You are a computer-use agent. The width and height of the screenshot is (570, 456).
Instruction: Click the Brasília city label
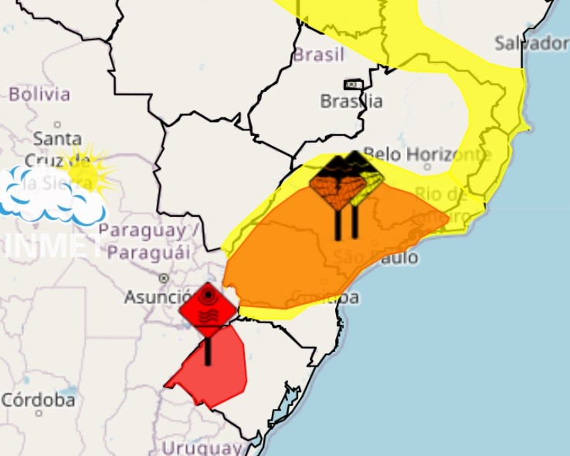pyautogui.click(x=351, y=101)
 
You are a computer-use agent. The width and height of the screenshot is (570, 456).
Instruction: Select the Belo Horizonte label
pyautogui.click(x=427, y=154)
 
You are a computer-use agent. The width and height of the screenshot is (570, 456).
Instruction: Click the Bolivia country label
pyautogui.click(x=39, y=95)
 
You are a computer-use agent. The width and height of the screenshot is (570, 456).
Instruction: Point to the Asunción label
pyautogui.click(x=158, y=297)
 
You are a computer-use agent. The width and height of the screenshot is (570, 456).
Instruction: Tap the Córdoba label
pyautogui.click(x=39, y=400)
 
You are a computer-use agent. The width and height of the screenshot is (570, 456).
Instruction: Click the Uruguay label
pyautogui.click(x=202, y=448)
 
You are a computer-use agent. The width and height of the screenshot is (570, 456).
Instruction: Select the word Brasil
pyautogui.click(x=318, y=56)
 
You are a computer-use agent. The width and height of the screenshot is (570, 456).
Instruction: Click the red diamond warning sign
pyautogui.click(x=207, y=309)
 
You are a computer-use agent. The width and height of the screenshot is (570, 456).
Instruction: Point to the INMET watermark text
pyautogui.click(x=54, y=245)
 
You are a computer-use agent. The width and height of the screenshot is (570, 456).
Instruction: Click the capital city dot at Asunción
pyautogui.click(x=164, y=278)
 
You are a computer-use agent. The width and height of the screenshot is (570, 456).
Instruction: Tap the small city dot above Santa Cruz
pyautogui.click(x=57, y=123)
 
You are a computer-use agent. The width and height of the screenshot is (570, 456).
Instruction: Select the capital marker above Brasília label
pyautogui.click(x=353, y=84)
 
